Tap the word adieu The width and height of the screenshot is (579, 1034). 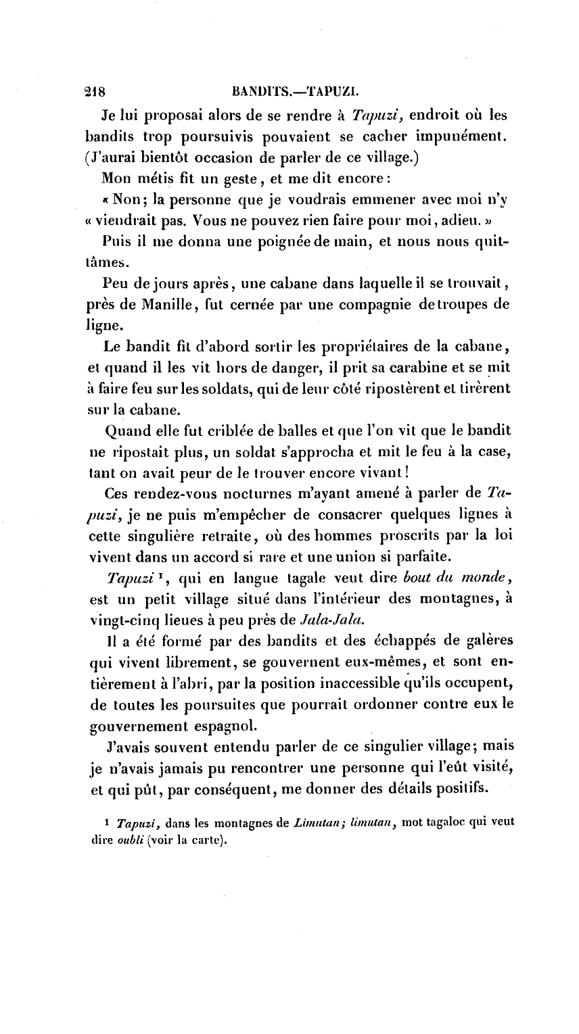413,220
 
